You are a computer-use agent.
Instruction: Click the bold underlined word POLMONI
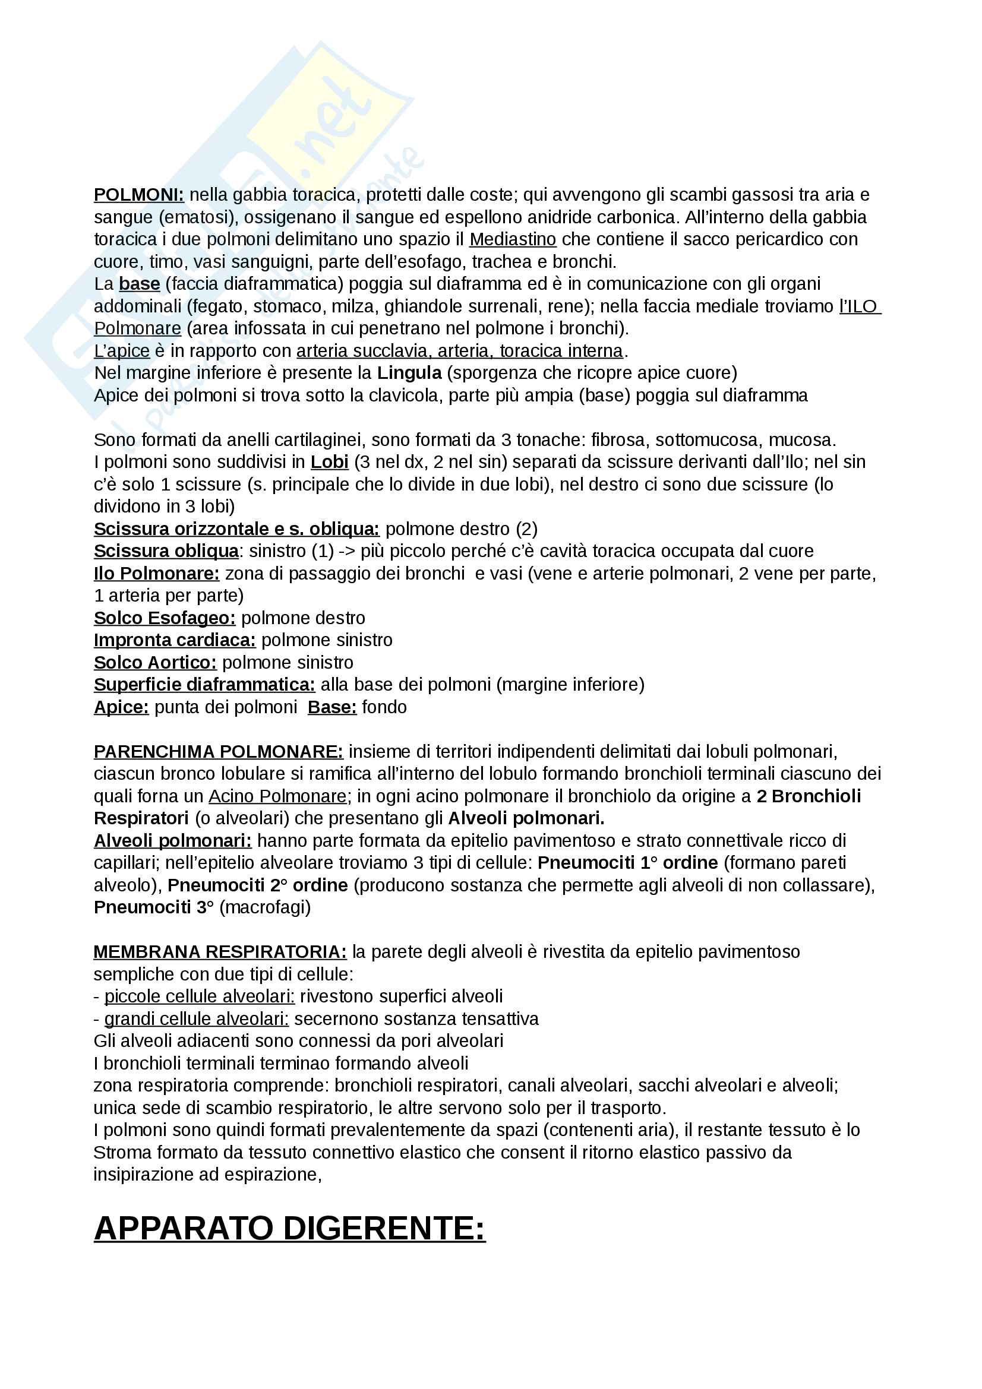[138, 195]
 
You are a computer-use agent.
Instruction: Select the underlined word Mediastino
[513, 239]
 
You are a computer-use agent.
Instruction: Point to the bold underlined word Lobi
[329, 462]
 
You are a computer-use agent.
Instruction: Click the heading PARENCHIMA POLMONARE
[218, 752]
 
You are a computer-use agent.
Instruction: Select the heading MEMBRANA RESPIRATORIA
[220, 952]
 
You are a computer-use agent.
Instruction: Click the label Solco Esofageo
[164, 618]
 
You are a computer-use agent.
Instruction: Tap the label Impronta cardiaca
[174, 640]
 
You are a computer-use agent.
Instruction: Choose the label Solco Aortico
[155, 663]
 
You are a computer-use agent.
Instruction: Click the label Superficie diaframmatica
[204, 685]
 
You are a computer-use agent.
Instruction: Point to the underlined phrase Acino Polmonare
[277, 797]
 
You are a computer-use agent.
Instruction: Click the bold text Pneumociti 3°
[154, 907]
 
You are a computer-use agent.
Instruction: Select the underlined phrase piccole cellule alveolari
[199, 996]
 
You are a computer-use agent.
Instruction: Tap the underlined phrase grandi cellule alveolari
[196, 1020]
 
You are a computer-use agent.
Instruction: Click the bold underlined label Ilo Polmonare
[156, 574]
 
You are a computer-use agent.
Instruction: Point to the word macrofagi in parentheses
[265, 907]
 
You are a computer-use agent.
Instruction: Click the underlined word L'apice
[122, 351]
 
